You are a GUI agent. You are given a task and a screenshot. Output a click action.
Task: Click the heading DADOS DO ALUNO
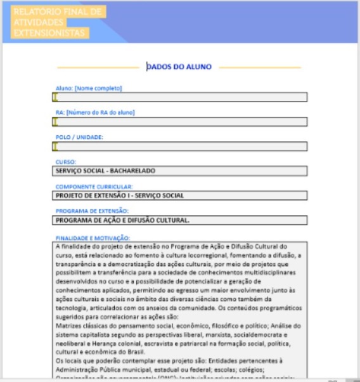pos(179,67)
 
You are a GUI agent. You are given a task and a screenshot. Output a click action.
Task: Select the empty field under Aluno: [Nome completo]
pos(180,97)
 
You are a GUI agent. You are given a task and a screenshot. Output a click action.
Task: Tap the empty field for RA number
pos(180,122)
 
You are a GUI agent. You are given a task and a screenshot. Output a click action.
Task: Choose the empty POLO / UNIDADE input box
pos(180,147)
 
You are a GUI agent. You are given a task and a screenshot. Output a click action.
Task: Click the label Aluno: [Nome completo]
pos(89,88)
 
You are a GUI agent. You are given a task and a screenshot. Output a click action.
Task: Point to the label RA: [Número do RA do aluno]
pos(95,113)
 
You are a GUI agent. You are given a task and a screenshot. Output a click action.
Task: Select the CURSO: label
pos(66,162)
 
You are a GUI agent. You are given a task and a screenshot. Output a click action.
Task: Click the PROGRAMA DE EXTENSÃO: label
pos(93,211)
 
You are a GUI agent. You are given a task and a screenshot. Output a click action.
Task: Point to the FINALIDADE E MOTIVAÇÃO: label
pos(93,238)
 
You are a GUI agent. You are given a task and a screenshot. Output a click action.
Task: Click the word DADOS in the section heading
pos(160,67)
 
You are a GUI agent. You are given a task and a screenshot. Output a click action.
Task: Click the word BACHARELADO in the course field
pos(132,171)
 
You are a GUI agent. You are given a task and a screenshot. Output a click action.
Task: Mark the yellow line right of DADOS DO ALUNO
pos(260,67)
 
